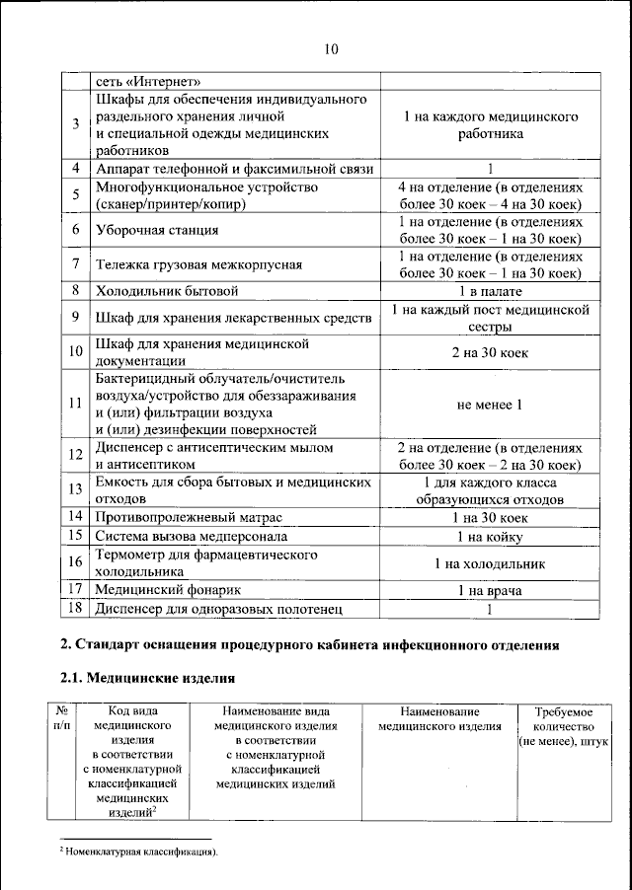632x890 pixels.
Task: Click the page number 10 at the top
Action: (331, 50)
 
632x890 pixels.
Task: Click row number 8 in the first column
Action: (76, 290)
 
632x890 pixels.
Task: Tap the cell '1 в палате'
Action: (490, 291)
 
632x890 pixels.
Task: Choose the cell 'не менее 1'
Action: (490, 404)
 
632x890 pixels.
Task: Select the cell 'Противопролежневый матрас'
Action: (189, 517)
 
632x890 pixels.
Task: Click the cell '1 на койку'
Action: (490, 537)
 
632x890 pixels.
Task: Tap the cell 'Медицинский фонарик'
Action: (168, 590)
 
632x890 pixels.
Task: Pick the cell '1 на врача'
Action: (490, 590)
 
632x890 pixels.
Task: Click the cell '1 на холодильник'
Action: (490, 563)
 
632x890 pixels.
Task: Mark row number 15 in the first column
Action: (76, 536)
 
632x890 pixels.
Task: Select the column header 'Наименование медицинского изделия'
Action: (440, 718)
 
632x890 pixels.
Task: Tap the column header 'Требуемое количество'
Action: (563, 725)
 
